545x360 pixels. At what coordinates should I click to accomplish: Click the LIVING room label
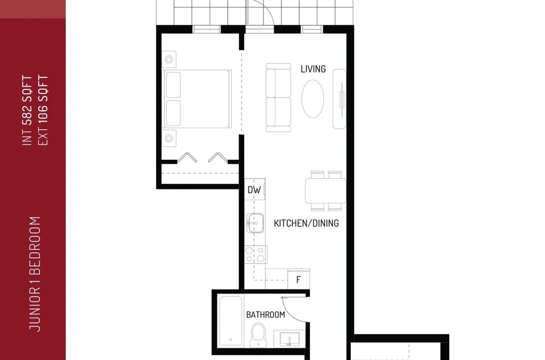coord(313,69)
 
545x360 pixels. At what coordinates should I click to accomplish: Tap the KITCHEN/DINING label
coord(306,223)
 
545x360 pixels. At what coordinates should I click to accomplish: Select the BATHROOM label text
coord(266,315)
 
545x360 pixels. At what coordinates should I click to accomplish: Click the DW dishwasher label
coord(254,190)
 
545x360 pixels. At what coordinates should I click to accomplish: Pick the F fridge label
coord(298,280)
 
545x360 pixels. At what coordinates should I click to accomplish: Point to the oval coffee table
coord(313,99)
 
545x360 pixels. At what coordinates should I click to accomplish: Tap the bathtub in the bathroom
coord(231,321)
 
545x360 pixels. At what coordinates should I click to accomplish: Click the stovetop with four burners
coord(256,255)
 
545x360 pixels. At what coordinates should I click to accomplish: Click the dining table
coord(325,190)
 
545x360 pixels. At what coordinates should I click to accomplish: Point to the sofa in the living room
coord(278,97)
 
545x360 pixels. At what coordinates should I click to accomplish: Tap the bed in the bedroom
coord(197,100)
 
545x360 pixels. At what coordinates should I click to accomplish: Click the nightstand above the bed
coord(169,59)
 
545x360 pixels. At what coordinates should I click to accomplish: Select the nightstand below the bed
coord(169,138)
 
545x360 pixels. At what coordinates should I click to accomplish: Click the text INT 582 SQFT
coord(27,110)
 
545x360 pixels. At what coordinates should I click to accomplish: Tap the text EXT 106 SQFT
coord(43,110)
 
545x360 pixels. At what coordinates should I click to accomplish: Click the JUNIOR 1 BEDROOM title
coord(35,274)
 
